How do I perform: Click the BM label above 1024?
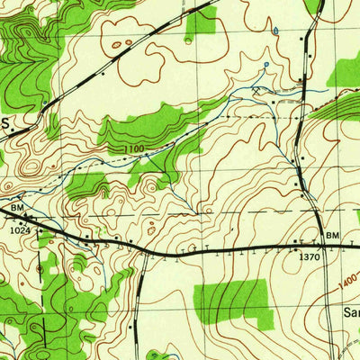17,208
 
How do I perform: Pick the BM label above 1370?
333,236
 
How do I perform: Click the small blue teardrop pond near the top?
276,29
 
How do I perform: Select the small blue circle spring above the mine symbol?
265,65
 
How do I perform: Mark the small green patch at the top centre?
202,22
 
